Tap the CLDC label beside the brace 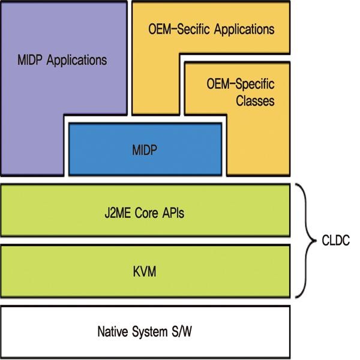coord(335,242)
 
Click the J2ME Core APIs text coord(146,212)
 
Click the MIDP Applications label coord(62,61)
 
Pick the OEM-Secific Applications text coord(211,28)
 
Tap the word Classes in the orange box coord(254,101)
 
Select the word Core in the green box coord(146,212)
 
